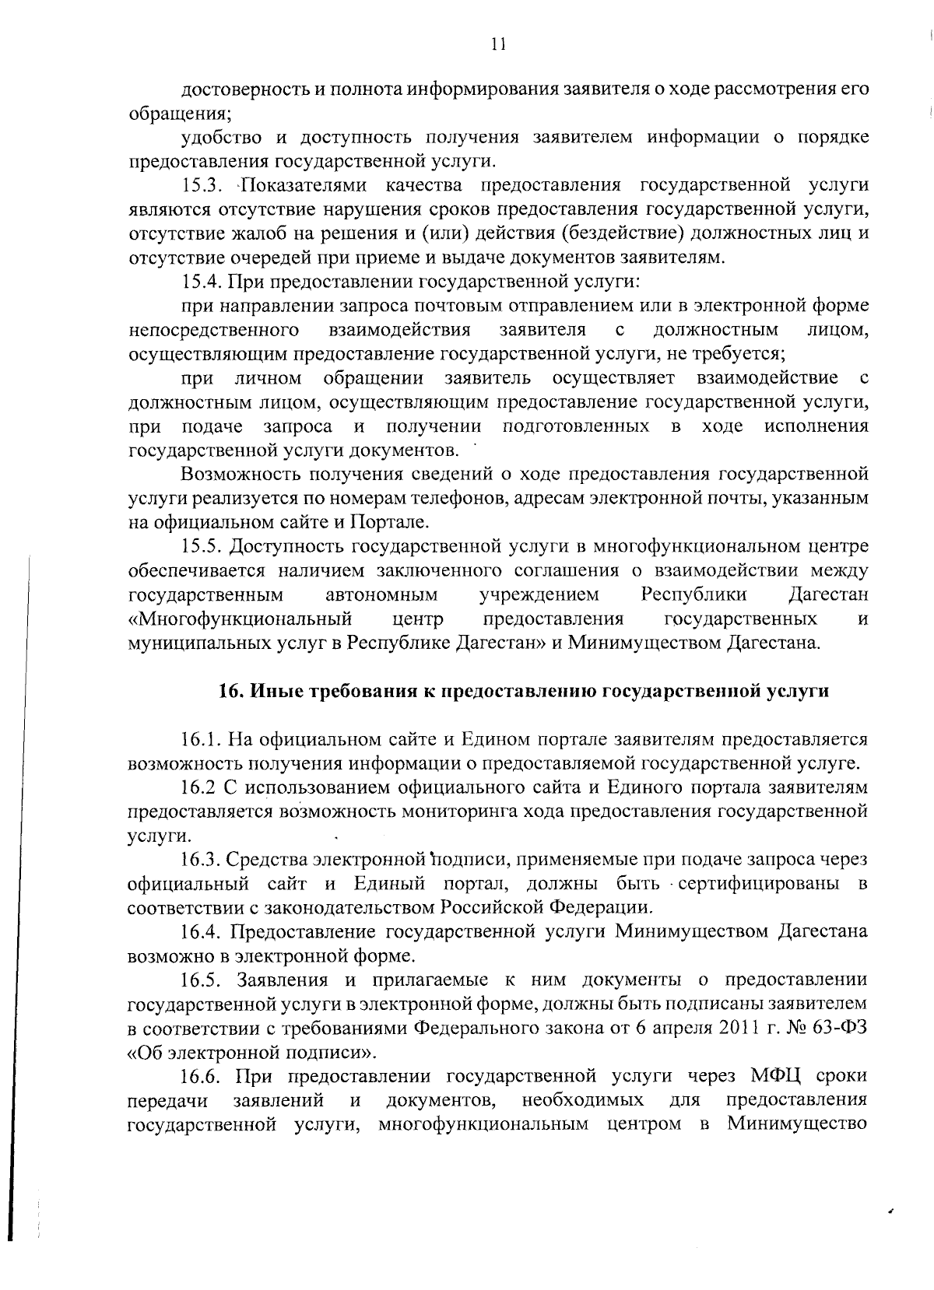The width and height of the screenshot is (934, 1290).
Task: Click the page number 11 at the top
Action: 499,44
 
